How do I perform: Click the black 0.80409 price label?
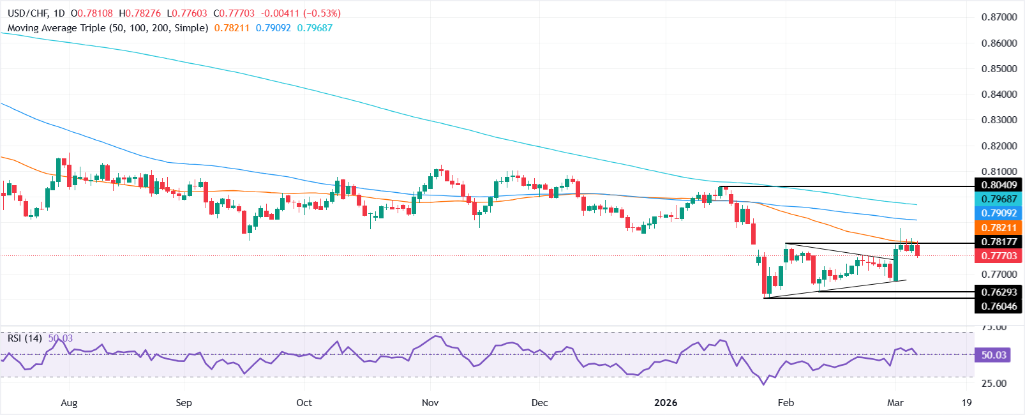(999, 185)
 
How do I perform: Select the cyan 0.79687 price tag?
(999, 199)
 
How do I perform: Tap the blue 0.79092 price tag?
(999, 213)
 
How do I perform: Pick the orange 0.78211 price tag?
(999, 227)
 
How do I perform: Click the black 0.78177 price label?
(999, 241)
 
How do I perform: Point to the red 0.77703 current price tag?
(999, 255)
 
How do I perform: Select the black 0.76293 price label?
(999, 292)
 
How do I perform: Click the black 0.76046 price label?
(999, 306)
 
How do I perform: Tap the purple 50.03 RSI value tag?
(993, 355)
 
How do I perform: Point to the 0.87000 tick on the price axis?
(999, 17)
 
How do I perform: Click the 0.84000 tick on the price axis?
(999, 94)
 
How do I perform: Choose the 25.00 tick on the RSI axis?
(994, 384)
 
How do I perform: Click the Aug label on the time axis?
(69, 403)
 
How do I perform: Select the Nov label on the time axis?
(430, 403)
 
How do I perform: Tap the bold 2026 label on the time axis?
(666, 403)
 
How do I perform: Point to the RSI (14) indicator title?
(24, 338)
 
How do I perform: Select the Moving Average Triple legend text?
(107, 28)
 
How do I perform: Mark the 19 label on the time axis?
(966, 403)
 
